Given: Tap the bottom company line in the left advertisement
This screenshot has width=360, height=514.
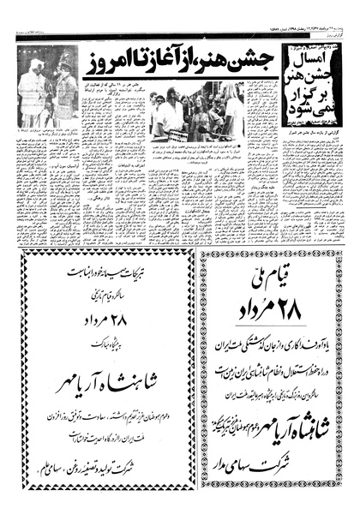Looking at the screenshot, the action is pos(104,468).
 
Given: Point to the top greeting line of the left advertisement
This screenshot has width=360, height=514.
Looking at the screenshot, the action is pos(104,274).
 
